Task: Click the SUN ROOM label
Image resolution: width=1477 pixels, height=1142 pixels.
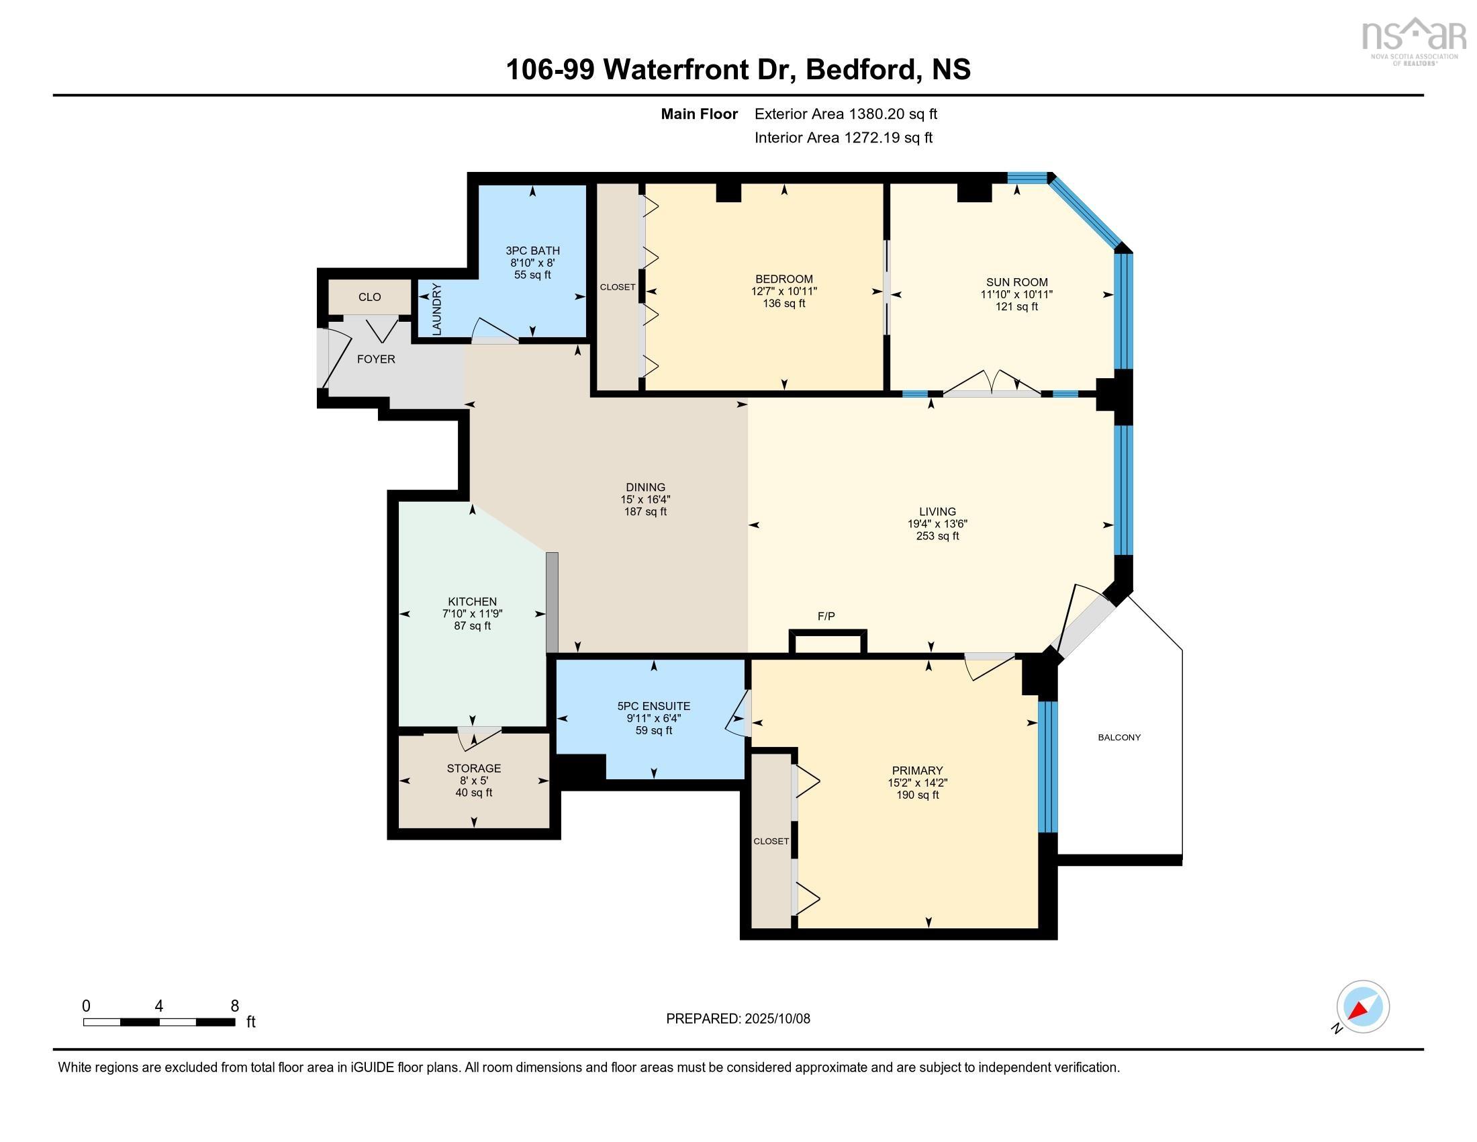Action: (1016, 282)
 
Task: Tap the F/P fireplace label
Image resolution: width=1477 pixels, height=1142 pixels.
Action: (826, 616)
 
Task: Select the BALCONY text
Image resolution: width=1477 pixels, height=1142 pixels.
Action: (1118, 738)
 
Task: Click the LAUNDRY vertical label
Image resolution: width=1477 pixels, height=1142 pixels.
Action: (437, 309)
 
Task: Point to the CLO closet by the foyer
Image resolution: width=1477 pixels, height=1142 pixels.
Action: (369, 297)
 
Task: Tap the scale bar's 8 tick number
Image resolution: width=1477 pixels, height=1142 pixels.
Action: (235, 1006)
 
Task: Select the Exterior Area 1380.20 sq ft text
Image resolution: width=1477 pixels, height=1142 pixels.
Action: (845, 114)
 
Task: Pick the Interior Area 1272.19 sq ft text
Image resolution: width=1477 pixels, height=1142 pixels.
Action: (843, 138)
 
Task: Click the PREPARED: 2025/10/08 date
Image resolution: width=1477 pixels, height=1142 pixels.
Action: (738, 1019)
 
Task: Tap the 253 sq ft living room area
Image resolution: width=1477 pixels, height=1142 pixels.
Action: (937, 536)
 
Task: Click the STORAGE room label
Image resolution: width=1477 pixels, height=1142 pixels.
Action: (473, 768)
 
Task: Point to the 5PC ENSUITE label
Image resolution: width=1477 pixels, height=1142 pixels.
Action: (653, 705)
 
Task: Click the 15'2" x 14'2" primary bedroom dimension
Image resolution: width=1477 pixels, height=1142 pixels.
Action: (917, 783)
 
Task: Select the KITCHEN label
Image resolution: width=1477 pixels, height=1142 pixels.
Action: (472, 601)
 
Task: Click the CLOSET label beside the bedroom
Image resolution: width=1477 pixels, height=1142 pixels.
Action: (618, 287)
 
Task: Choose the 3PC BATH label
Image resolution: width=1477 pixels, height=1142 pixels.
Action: (532, 251)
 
